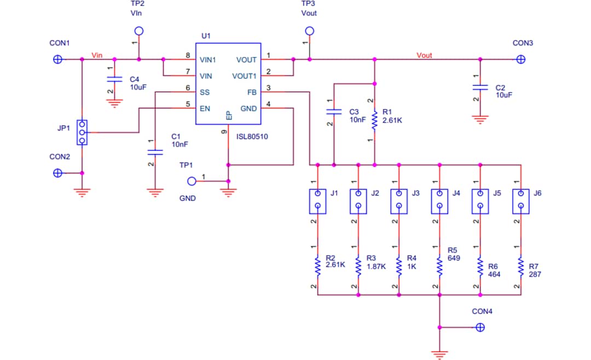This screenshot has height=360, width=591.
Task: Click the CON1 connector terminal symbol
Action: pyautogui.click(x=57, y=59)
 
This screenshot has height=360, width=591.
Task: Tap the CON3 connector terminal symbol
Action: pyautogui.click(x=521, y=59)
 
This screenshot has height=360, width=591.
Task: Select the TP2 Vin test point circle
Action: pyautogui.click(x=139, y=31)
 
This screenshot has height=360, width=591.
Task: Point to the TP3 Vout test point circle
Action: pyautogui.click(x=310, y=31)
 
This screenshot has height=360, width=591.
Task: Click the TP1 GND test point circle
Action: pyautogui.click(x=192, y=181)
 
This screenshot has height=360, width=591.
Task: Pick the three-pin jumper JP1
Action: pyautogui.click(x=82, y=132)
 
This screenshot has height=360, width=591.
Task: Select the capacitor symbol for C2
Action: pyautogui.click(x=480, y=87)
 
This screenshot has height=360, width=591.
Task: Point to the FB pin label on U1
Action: pyautogui.click(x=252, y=92)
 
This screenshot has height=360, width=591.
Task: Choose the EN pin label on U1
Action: pyautogui.click(x=205, y=108)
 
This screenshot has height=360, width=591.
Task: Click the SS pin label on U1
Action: pyautogui.click(x=205, y=92)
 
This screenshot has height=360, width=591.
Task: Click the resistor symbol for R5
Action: pyautogui.click(x=439, y=266)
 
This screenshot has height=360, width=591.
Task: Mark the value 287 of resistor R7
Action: pyautogui.click(x=535, y=274)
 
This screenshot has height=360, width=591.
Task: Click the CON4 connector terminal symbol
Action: pyautogui.click(x=480, y=327)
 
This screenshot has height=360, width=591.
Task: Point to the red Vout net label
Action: pyautogui.click(x=424, y=55)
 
